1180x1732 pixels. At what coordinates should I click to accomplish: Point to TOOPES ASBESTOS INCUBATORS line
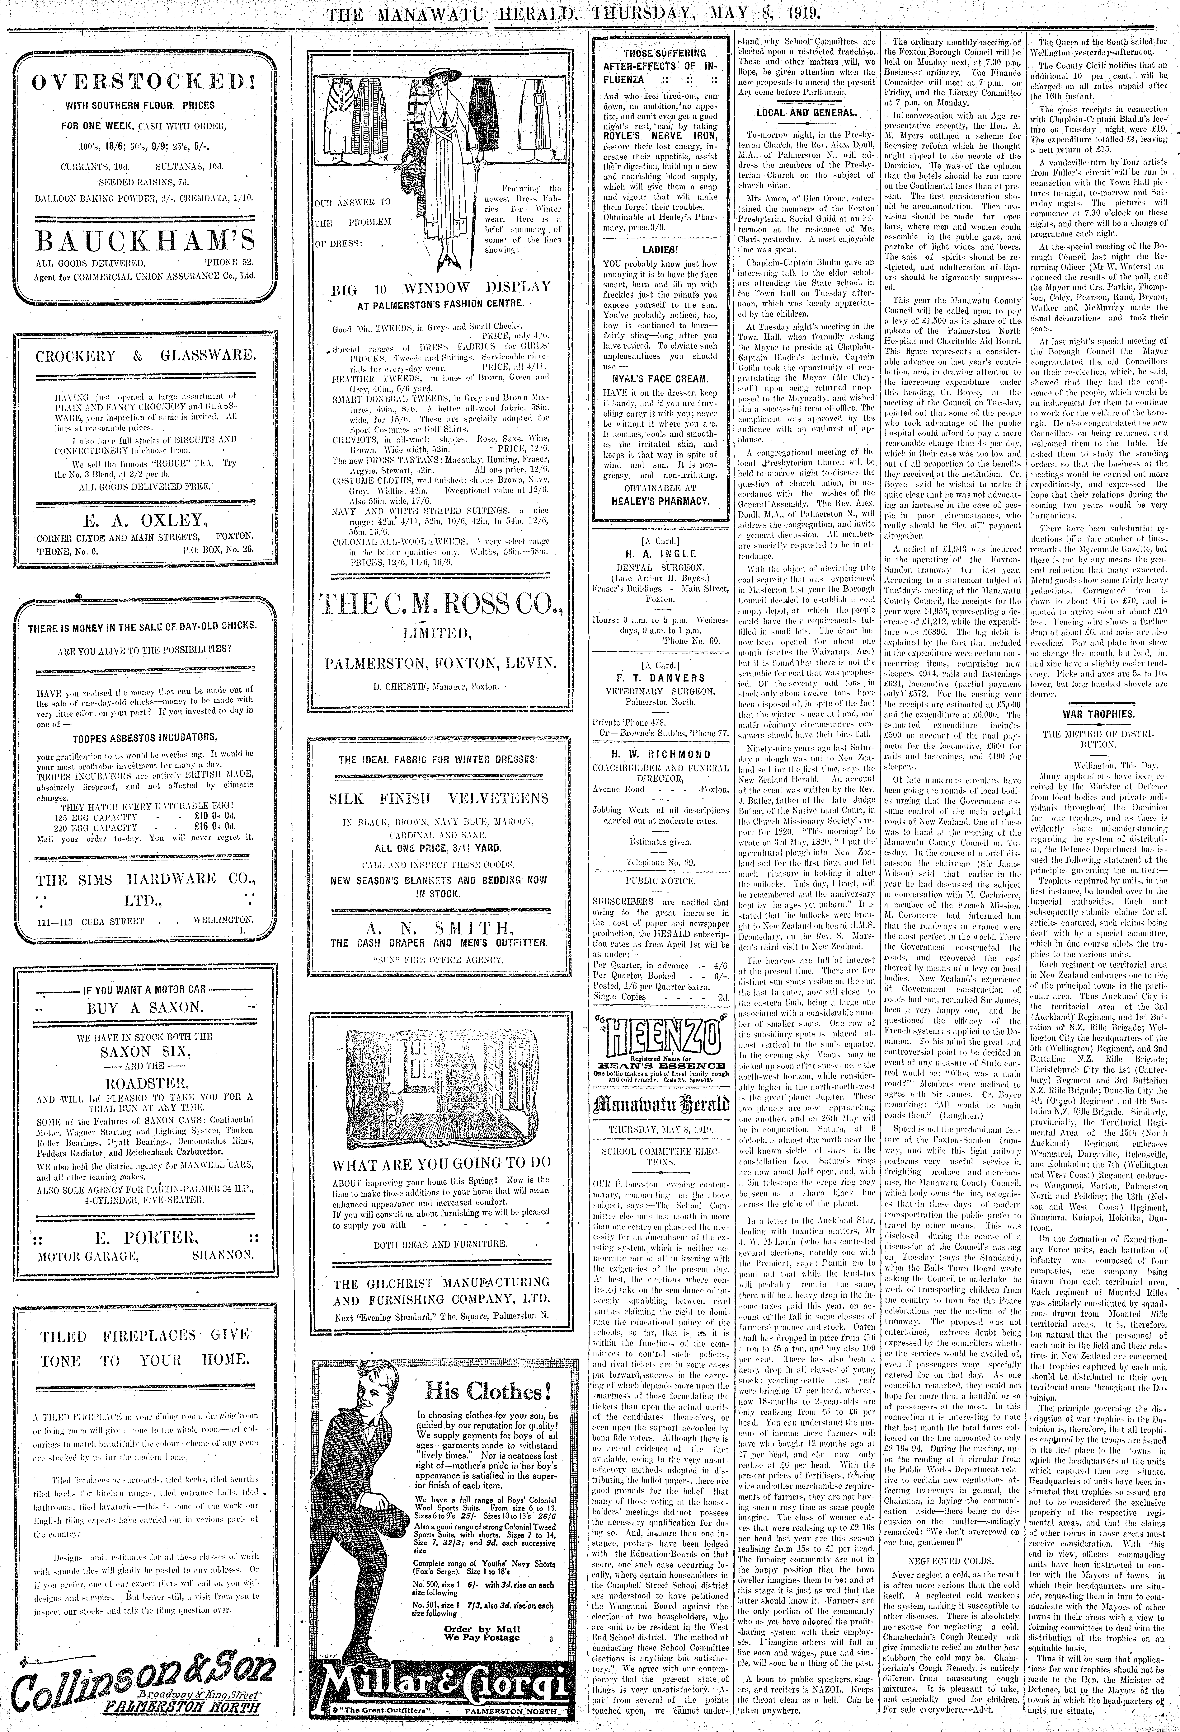pos(145,738)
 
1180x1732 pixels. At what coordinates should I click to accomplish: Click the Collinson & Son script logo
pos(142,1692)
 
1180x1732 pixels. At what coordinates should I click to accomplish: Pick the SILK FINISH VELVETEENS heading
pos(440,798)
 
